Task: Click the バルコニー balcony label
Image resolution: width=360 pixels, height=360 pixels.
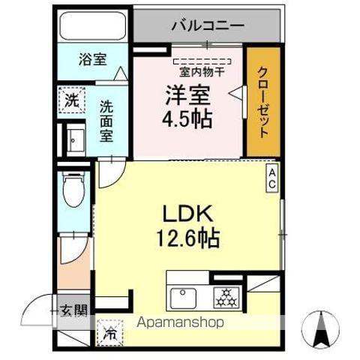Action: (207, 25)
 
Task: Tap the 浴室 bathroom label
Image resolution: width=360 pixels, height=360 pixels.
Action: (94, 60)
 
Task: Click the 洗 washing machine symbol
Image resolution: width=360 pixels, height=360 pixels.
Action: (70, 98)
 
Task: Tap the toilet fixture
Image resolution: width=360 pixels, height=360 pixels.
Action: (73, 190)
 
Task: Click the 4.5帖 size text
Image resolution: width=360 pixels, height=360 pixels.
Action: (187, 119)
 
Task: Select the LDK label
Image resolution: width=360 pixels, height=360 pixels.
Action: (187, 213)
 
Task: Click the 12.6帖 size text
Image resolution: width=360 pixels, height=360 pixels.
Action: (187, 238)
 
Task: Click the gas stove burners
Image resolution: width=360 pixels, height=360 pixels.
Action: (225, 298)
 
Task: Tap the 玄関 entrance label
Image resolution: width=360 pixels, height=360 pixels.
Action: (72, 310)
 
